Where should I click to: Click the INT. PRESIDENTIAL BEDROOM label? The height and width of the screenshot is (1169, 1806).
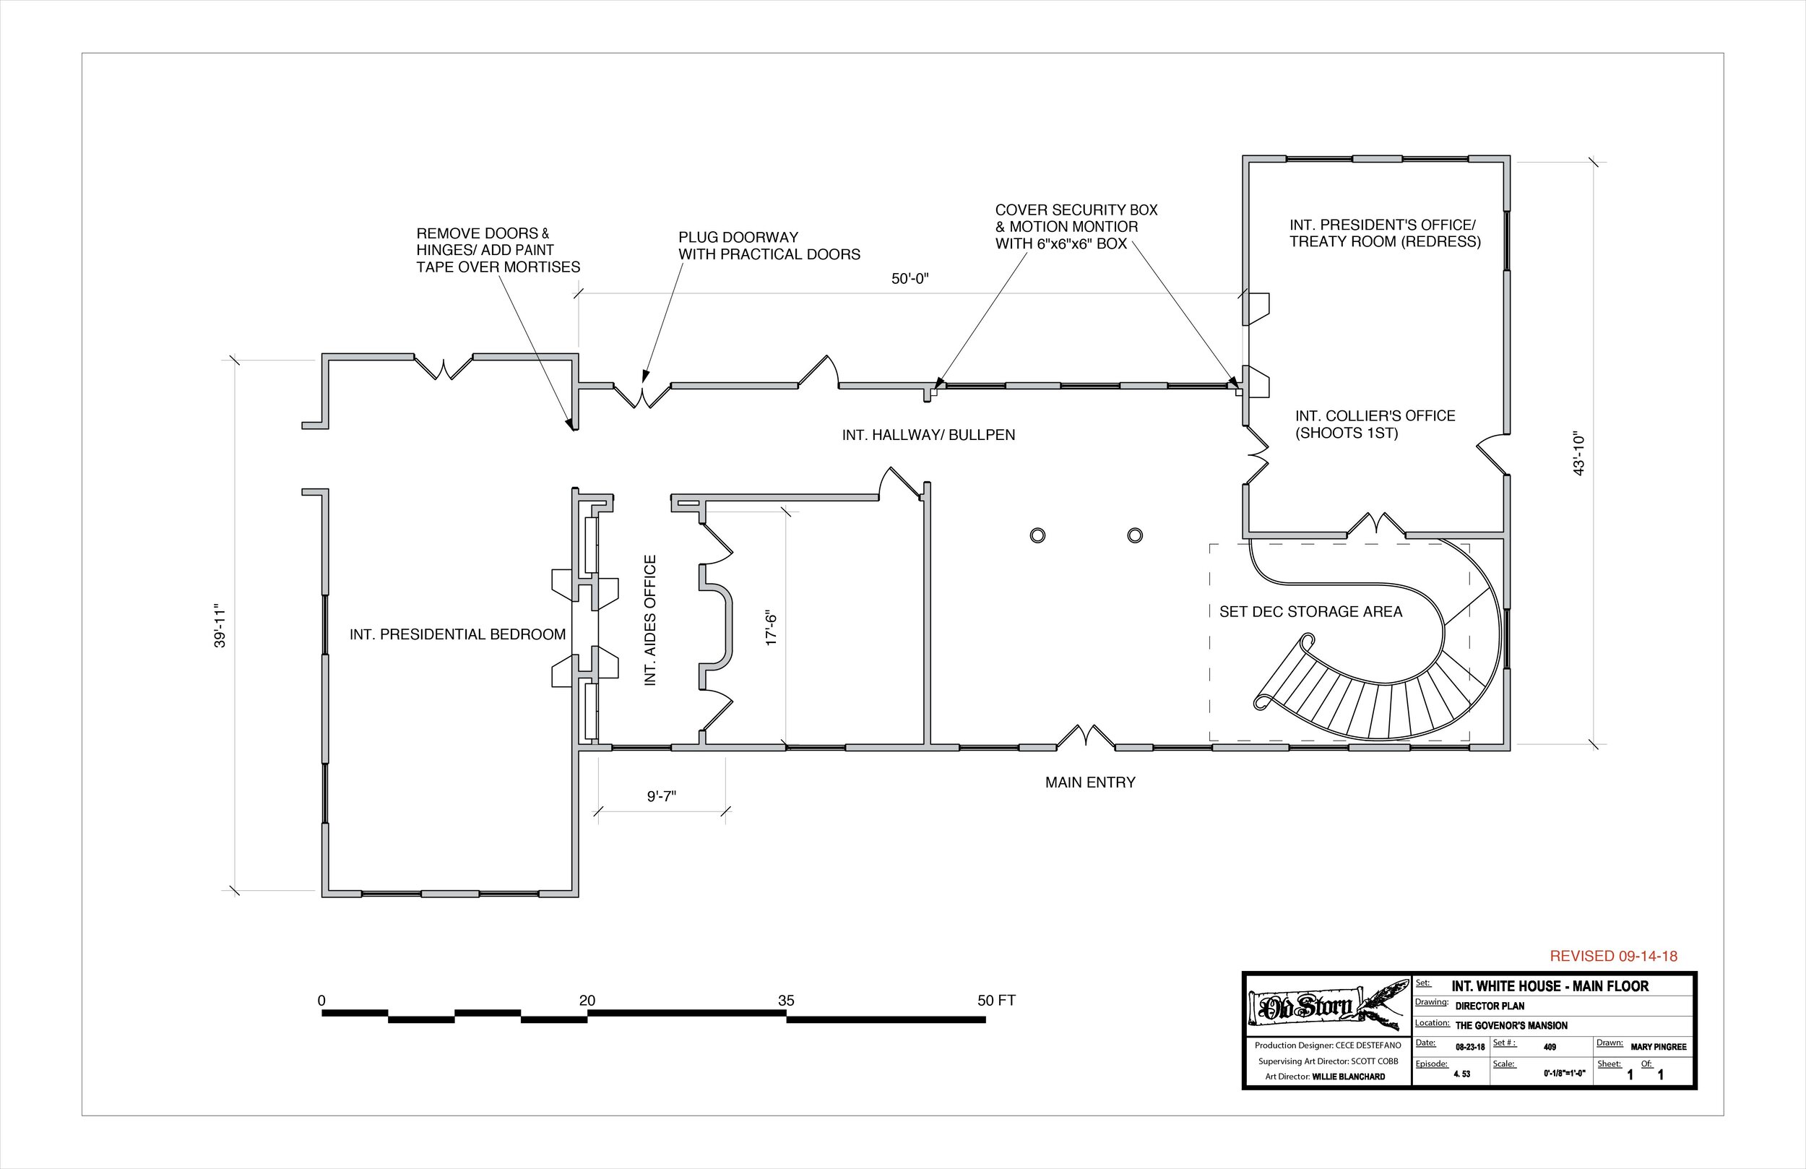(457, 634)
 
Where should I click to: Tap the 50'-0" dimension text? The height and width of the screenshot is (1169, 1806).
(910, 279)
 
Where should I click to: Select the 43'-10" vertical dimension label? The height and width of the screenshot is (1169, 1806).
(1579, 454)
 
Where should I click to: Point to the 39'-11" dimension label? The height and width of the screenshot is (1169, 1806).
(220, 626)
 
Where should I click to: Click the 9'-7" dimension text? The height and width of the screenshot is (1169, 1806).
(662, 796)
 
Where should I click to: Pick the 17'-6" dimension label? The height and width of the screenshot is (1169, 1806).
(772, 628)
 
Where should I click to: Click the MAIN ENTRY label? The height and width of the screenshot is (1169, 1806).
(1089, 782)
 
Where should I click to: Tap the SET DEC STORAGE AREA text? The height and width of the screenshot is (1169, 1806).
(1310, 612)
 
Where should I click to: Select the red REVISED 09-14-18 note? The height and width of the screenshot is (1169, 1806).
(1613, 957)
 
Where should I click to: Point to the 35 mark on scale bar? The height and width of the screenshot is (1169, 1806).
(786, 1001)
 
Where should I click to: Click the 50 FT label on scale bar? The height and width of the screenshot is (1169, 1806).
(995, 1001)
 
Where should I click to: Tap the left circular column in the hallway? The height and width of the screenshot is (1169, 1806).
(1037, 536)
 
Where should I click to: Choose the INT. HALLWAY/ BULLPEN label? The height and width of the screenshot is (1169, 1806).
(928, 435)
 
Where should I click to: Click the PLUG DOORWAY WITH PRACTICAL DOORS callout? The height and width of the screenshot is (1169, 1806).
(769, 246)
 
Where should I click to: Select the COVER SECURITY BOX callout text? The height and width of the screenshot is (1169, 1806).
(1076, 226)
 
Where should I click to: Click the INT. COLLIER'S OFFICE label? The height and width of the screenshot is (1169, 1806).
(1375, 424)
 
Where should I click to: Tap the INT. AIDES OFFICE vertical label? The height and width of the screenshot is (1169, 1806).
(650, 621)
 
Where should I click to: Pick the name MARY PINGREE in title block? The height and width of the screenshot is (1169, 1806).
(1658, 1047)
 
